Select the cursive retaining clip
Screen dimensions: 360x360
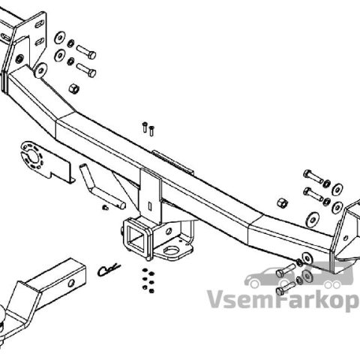point(109,270)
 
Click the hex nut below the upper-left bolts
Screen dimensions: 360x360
point(74,88)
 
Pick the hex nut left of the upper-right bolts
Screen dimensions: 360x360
point(282,203)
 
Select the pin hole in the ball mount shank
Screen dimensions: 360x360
point(71,283)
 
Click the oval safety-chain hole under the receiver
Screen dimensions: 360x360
point(172,249)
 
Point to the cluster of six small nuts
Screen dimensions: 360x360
point(148,280)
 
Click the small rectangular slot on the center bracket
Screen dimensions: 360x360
point(150,205)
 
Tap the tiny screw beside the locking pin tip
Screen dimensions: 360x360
point(105,208)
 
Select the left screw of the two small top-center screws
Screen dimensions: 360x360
point(145,127)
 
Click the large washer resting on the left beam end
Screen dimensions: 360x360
point(40,70)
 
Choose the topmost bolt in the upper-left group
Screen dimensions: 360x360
point(86,52)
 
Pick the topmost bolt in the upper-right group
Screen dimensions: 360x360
point(313,176)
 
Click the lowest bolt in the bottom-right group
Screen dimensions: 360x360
point(286,288)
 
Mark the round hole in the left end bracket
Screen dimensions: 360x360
point(19,59)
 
